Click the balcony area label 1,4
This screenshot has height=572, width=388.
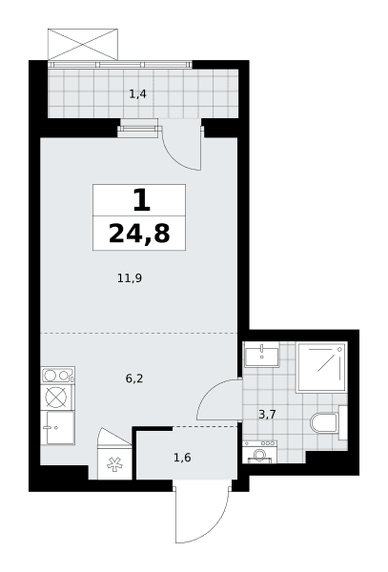pos(138,94)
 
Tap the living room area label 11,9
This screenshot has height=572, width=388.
pos(130,278)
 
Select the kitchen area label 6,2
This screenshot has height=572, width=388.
pos(134,378)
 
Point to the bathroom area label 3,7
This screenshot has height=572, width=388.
pos(267,415)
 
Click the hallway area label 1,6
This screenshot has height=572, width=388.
pos(182,458)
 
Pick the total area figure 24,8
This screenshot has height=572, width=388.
pos(139,234)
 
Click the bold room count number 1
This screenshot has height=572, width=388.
pos(141,200)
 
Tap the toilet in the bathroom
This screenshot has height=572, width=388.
pos(328,423)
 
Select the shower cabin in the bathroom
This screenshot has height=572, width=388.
pos(321,367)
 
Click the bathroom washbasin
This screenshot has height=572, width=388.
pos(261,354)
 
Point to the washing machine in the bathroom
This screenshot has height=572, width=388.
pos(259,452)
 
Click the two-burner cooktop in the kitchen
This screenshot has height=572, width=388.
pos(57,375)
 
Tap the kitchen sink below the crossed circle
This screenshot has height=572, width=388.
pos(57,427)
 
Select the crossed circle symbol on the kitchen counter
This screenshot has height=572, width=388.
pos(56,398)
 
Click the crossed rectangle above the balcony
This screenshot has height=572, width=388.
pos(83,44)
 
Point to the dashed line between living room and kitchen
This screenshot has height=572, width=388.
pos(138,333)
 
